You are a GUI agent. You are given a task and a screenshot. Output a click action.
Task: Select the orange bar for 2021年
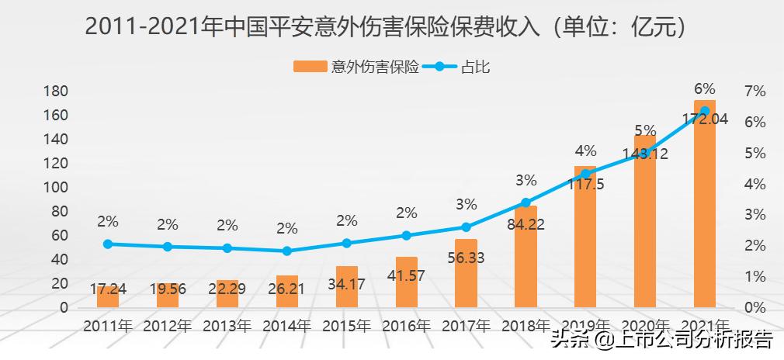704,206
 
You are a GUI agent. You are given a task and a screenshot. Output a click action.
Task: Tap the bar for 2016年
407,283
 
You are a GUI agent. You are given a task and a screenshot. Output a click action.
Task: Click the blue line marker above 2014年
287,251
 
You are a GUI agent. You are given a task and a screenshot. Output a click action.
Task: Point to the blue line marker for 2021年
704,111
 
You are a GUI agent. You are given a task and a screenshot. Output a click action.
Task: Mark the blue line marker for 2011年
108,244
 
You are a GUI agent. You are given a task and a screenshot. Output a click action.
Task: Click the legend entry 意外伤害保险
357,67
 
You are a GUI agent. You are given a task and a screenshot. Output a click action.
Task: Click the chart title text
387,27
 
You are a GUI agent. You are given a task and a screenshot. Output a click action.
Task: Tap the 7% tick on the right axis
754,92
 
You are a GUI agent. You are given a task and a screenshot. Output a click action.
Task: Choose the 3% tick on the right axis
754,215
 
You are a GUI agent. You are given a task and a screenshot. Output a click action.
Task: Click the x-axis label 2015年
347,326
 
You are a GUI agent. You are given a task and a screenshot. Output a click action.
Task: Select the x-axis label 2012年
168,326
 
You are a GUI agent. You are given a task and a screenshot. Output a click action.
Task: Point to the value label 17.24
108,289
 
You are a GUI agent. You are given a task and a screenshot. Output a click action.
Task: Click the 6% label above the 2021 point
704,89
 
